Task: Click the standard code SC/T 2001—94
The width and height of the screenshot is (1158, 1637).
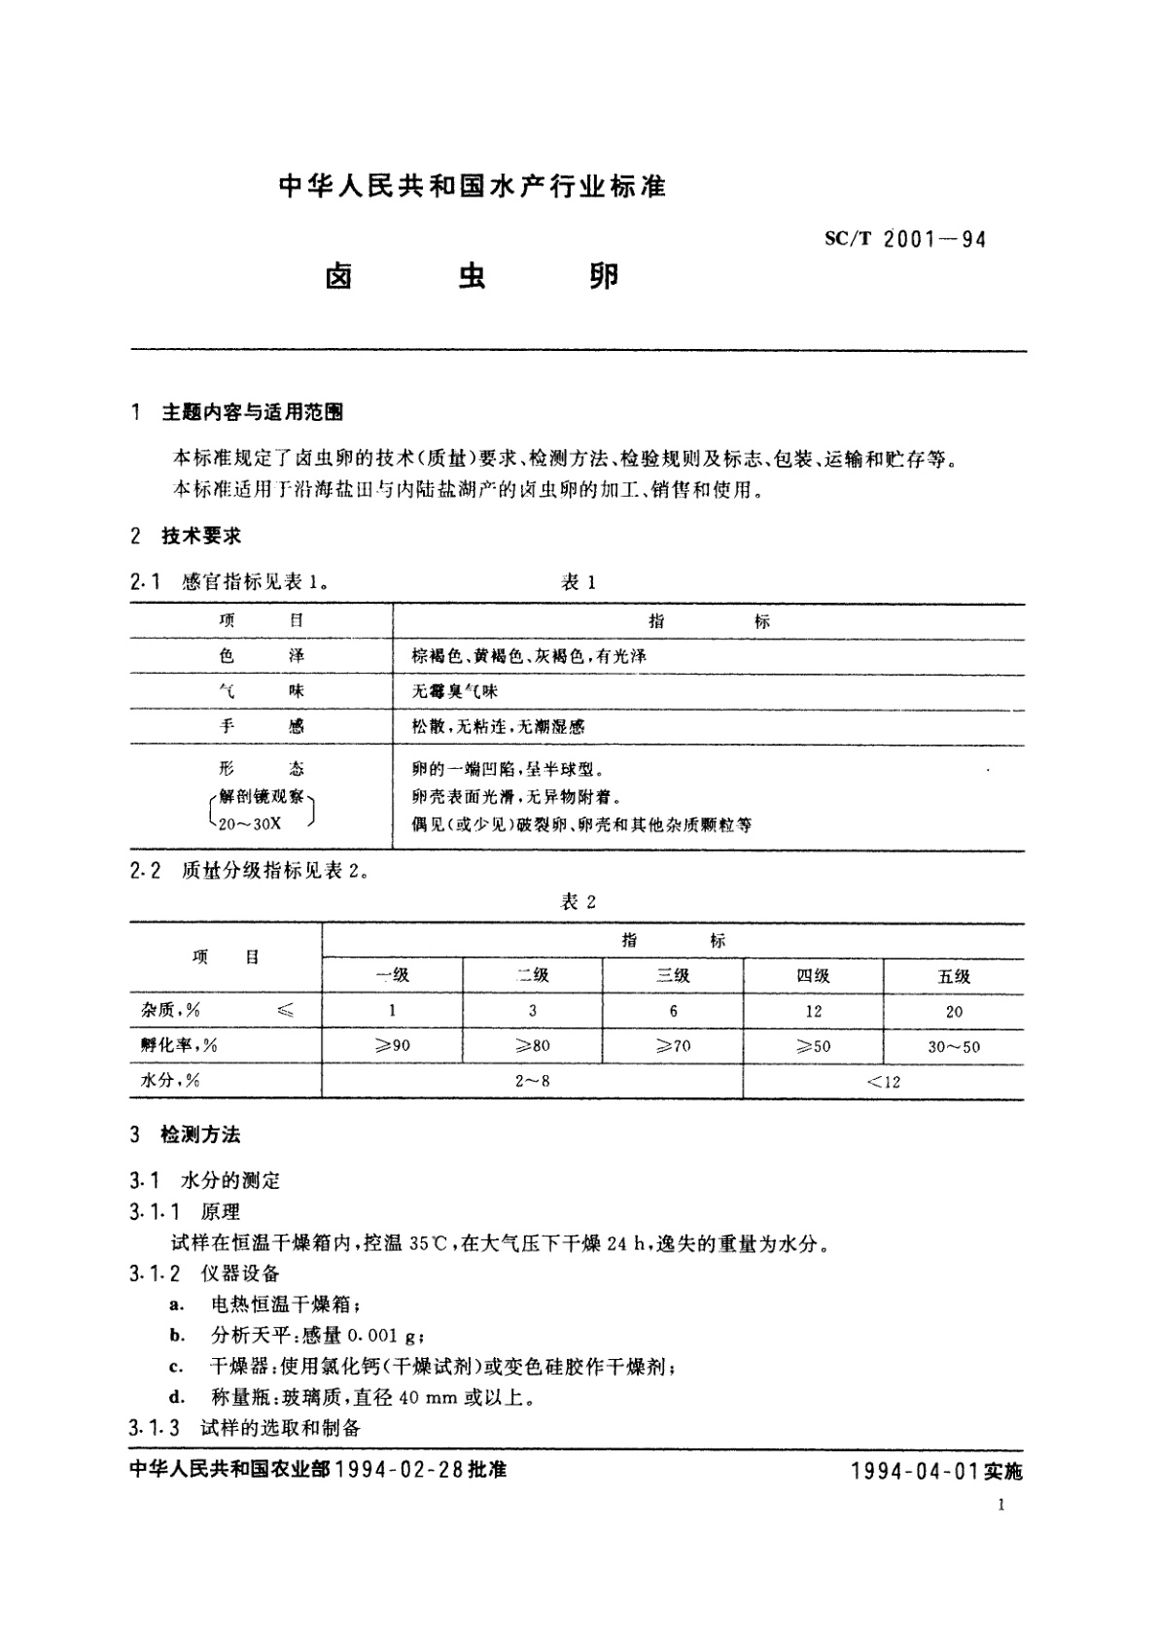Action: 904,239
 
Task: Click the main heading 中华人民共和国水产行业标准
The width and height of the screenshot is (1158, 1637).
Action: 473,187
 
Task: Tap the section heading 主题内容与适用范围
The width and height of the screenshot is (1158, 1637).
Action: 252,412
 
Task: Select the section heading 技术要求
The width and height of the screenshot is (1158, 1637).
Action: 201,536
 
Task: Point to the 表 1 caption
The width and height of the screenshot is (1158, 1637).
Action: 578,582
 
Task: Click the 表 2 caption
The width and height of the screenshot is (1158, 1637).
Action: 578,902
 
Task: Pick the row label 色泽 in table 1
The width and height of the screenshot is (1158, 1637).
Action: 261,656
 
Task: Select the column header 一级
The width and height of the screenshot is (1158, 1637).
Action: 393,976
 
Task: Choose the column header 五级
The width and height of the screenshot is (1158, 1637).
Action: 954,976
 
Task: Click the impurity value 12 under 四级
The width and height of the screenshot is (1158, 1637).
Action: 813,1011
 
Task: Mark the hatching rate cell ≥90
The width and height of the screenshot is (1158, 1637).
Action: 392,1046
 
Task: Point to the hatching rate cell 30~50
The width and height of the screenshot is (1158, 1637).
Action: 954,1047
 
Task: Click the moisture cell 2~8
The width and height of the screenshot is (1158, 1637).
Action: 532,1081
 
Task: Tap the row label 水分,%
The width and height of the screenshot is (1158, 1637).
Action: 170,1081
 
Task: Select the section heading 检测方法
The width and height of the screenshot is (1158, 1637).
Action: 200,1134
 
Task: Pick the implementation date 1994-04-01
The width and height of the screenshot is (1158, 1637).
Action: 913,1472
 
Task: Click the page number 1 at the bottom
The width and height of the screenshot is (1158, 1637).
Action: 1000,1506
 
